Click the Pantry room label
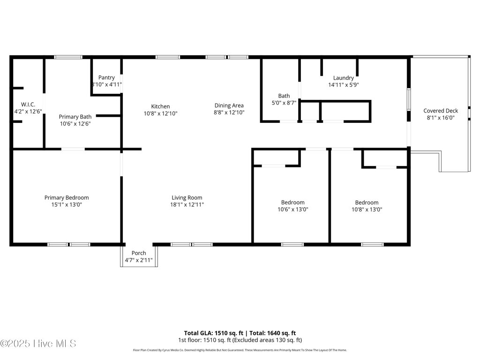pyautogui.click(x=106, y=78)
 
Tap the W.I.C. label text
pyautogui.click(x=28, y=105)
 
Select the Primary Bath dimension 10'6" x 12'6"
pyautogui.click(x=75, y=124)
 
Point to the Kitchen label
pyautogui.click(x=160, y=106)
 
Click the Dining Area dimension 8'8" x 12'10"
pyautogui.click(x=229, y=112)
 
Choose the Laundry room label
pyautogui.click(x=344, y=78)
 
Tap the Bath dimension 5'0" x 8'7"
pyautogui.click(x=284, y=103)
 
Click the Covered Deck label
pyautogui.click(x=441, y=111)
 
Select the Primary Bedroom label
pyautogui.click(x=67, y=198)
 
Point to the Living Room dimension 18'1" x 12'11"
pyautogui.click(x=187, y=204)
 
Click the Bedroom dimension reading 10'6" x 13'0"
pyautogui.click(x=293, y=210)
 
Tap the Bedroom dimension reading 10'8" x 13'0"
pyautogui.click(x=367, y=210)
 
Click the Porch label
pyautogui.click(x=139, y=253)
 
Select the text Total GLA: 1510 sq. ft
pyautogui.click(x=214, y=333)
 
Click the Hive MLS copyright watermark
pyautogui.click(x=38, y=344)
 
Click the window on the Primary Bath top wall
pyautogui.click(x=68, y=57)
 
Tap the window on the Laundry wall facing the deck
pyautogui.click(x=409, y=99)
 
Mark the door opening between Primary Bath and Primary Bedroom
pyautogui.click(x=73, y=149)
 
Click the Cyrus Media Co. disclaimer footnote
pyautogui.click(x=240, y=350)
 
